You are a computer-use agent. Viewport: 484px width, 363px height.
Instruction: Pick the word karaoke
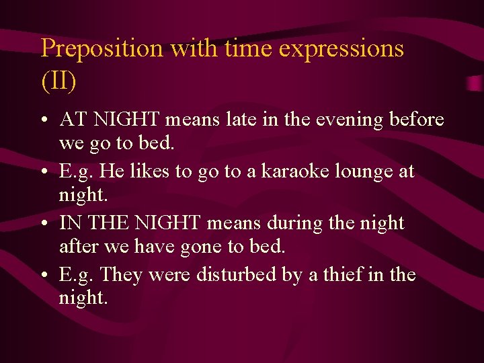(x=291, y=171)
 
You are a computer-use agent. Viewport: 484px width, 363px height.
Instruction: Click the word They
(x=120, y=275)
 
